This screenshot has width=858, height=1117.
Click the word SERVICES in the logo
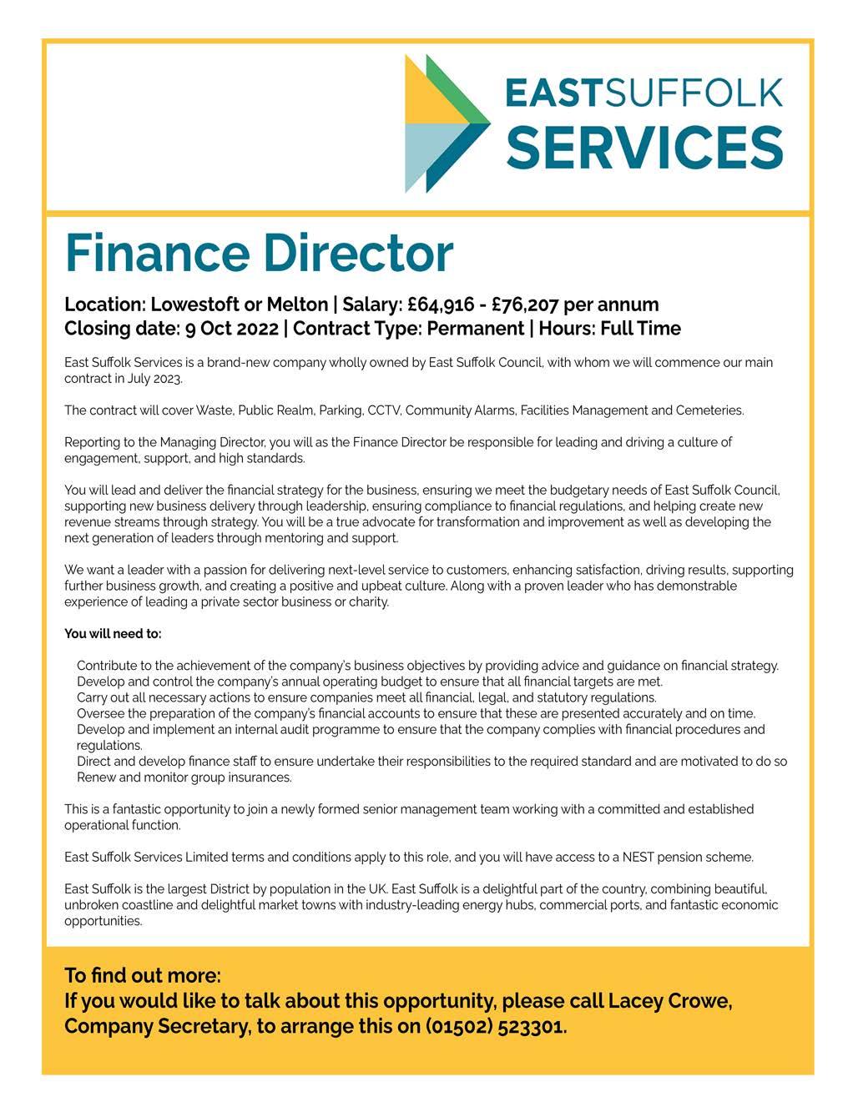tap(643, 148)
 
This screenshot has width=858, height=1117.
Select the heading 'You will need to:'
tap(113, 634)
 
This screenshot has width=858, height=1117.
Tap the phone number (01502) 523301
tap(496, 1026)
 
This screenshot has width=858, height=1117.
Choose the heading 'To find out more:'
tap(143, 976)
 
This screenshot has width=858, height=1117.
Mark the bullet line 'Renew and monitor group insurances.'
tap(184, 777)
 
